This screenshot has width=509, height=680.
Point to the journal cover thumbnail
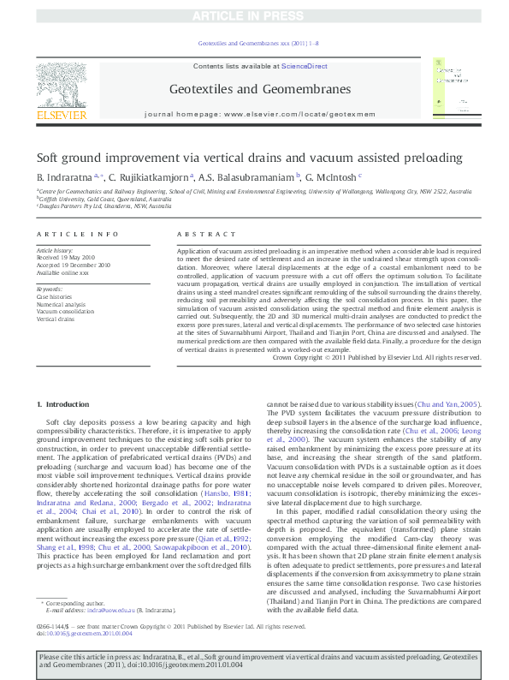point(452,89)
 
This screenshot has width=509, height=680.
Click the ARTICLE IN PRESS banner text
point(254,16)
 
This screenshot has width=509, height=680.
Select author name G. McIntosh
point(334,176)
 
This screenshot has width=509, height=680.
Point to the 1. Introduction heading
point(66,403)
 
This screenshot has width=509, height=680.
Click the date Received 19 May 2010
point(66,257)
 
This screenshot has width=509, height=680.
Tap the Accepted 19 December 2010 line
point(74,265)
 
